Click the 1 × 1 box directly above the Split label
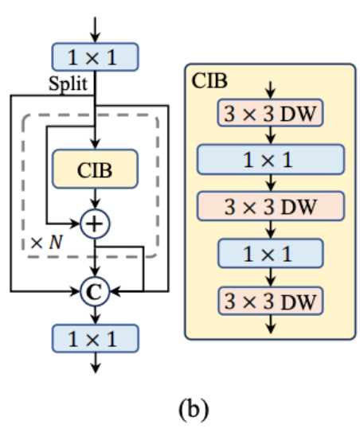coord(95,57)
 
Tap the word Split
coord(68,84)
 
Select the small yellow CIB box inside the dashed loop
coord(95,169)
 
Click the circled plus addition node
coord(95,224)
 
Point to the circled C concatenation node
coord(95,291)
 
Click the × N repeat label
coord(46,242)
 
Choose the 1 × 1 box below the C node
coord(95,338)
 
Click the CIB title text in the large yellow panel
coord(209,80)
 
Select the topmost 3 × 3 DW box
coord(270,113)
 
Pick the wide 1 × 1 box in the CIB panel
coord(271,160)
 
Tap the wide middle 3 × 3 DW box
coord(271,206)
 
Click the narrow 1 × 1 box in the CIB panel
coord(270,253)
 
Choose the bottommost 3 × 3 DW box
coord(270,301)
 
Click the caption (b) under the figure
coord(194,409)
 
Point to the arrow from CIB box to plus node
coord(96,199)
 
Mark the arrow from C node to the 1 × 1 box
coord(96,315)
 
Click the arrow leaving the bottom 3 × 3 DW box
coord(270,324)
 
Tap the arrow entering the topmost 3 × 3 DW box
coord(270,90)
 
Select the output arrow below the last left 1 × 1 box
coord(96,363)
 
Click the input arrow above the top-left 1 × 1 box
coord(96,29)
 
